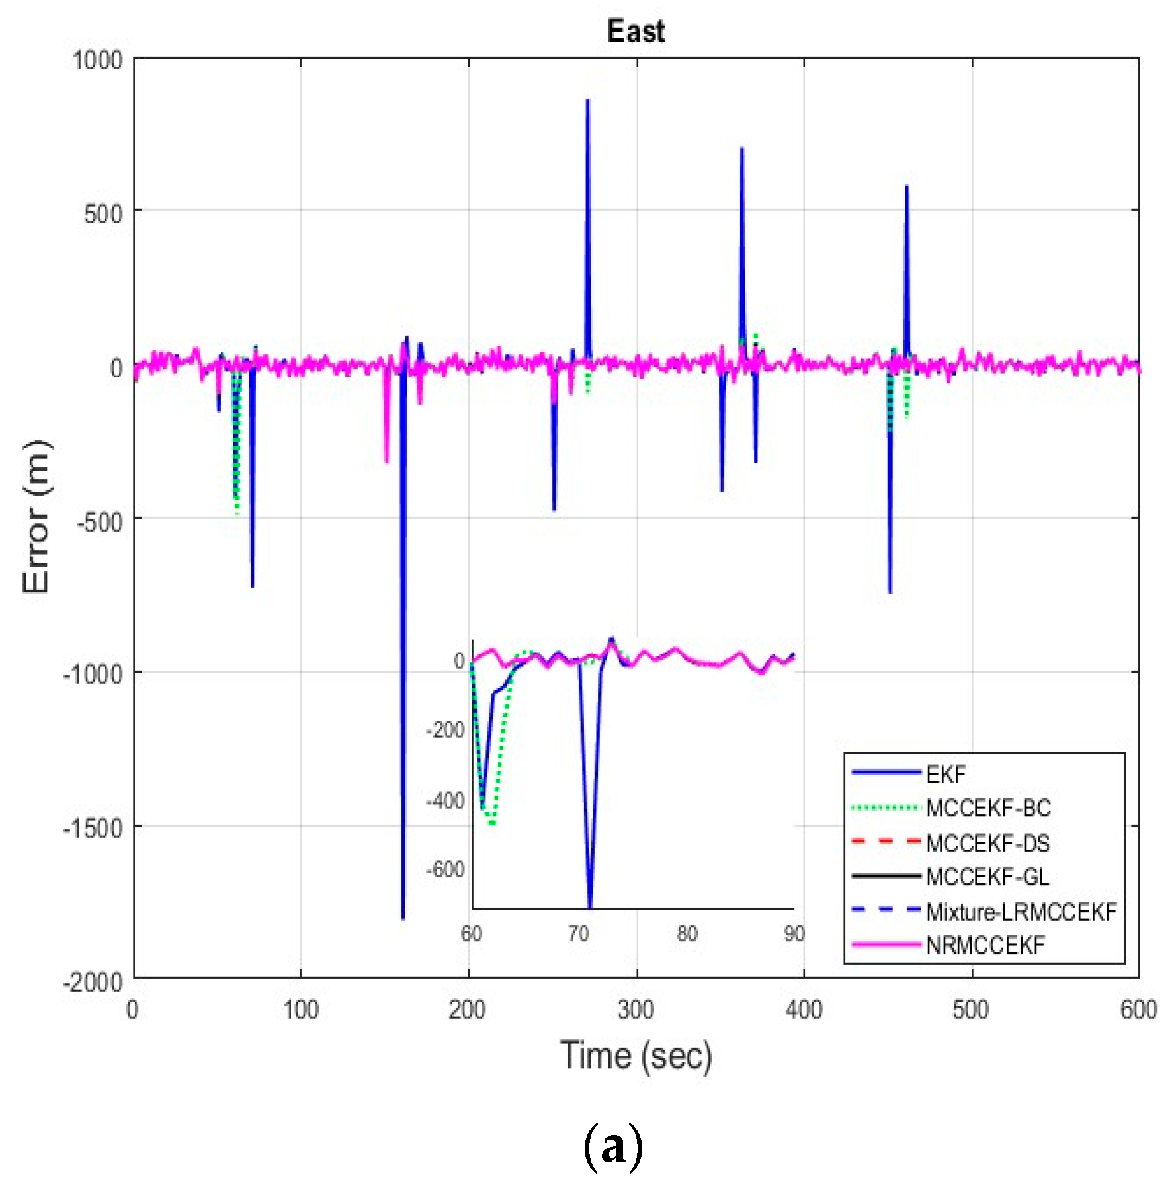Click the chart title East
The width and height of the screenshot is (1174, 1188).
point(635,32)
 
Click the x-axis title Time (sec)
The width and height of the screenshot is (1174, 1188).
point(636,1055)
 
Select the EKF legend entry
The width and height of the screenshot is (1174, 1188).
point(946,774)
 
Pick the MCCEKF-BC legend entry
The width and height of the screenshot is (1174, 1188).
point(988,808)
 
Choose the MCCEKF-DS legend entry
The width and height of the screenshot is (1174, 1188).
point(987,843)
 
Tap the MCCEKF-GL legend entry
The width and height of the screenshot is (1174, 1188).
point(987,877)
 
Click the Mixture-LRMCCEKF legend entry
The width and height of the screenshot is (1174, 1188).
point(1021,912)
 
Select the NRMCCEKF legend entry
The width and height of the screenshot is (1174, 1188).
point(985,945)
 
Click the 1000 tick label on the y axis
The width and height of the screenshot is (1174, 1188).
point(97,60)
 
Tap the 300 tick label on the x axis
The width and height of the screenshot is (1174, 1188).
point(636,1010)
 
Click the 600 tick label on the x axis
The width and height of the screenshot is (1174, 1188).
point(1138,1010)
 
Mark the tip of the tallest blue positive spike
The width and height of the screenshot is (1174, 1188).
point(587,100)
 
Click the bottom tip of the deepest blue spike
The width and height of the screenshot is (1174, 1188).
point(403,918)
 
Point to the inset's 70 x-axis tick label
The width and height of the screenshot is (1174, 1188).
point(579,933)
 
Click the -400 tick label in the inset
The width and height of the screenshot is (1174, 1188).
point(445,801)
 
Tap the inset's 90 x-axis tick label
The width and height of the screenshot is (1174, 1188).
point(794,933)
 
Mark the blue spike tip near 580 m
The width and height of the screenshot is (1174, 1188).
point(906,186)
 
